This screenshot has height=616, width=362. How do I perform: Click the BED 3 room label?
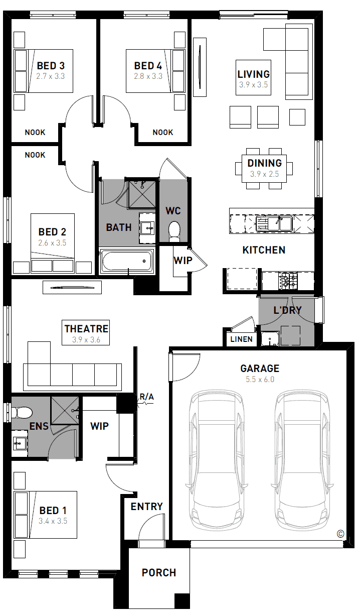coord(51,66)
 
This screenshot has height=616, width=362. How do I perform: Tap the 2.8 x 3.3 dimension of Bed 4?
coord(148,76)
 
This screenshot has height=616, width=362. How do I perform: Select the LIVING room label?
coord(254,74)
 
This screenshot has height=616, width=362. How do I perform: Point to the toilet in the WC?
coord(174,231)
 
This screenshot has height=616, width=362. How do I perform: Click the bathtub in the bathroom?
coord(127,261)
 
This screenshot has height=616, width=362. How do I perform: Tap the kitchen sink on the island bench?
coord(274,223)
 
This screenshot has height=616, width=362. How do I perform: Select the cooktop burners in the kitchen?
coord(288,281)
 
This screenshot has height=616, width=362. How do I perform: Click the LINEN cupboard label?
coord(242,339)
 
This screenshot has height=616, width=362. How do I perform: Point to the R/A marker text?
coord(147,397)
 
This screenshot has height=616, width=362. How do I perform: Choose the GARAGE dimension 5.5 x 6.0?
coord(260,380)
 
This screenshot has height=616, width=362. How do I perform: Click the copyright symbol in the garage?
coord(340,534)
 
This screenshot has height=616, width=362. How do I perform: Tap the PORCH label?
coord(159,573)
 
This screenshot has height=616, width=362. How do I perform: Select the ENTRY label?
coord(147,507)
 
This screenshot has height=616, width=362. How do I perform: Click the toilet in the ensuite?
coord(22,413)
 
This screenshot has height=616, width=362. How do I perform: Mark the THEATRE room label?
coord(86,329)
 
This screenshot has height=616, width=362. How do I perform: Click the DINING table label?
coord(265,163)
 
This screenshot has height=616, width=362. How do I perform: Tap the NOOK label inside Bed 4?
coord(163,132)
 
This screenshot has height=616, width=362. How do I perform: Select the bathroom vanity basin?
coord(148,228)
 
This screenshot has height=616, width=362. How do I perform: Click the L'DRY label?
coord(288,310)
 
